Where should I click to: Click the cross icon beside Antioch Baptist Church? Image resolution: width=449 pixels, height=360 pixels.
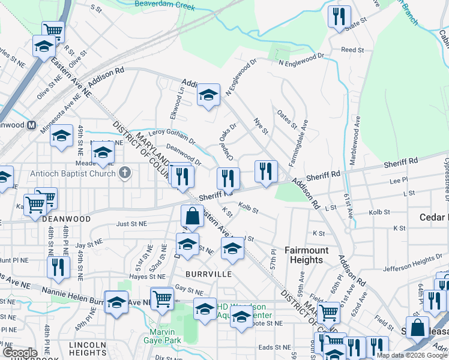(124, 173)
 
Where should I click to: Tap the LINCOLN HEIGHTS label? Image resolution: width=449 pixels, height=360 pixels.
(88, 349)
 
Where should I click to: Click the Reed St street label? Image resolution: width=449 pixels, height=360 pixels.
(352, 50)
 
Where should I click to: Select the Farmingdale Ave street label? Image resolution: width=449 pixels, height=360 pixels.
(298, 143)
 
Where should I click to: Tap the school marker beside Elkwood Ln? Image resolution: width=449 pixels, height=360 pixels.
(208, 95)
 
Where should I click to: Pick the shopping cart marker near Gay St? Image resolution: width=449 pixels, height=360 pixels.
(162, 298)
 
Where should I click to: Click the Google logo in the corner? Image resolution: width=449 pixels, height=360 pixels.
(19, 353)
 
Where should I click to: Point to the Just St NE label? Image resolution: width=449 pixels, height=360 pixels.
(132, 223)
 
